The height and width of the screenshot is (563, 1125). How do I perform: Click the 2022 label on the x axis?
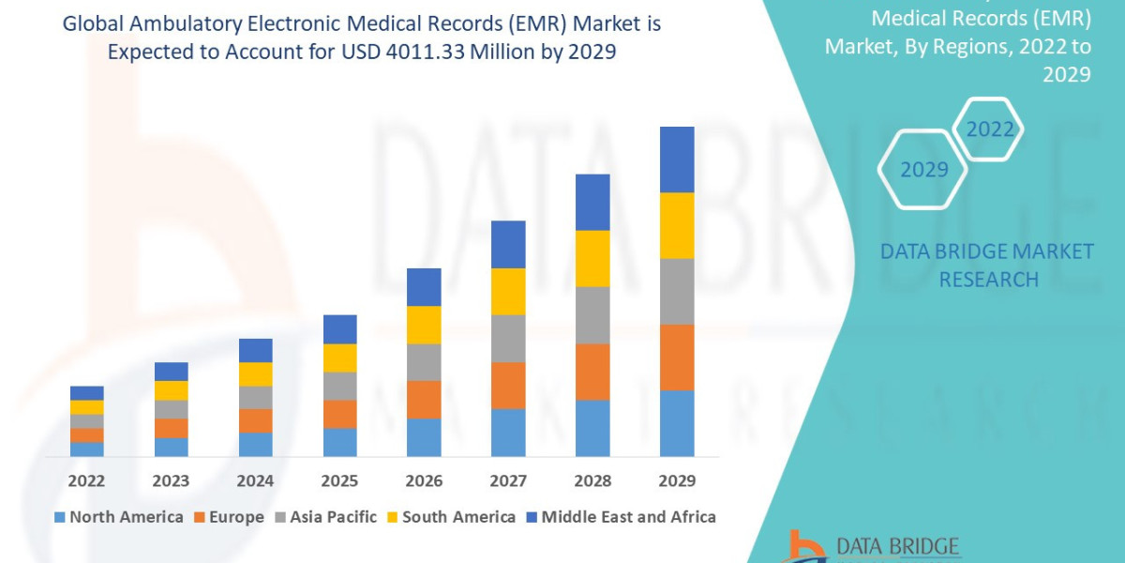[86, 481]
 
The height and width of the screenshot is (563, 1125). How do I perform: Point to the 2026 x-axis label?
[424, 481]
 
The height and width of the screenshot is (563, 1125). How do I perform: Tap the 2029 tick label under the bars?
[677, 481]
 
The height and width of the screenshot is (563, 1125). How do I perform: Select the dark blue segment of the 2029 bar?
[677, 160]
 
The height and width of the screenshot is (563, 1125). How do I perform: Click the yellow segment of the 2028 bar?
[592, 258]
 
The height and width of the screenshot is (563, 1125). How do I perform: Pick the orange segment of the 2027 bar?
[508, 385]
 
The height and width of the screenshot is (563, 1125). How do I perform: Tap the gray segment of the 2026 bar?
[424, 361]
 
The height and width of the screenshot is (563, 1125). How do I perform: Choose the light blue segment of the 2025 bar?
[339, 442]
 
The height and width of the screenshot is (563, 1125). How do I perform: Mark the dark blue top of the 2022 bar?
[86, 392]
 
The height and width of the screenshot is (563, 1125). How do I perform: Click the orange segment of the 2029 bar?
[677, 357]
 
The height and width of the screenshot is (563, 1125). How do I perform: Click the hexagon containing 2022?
[989, 129]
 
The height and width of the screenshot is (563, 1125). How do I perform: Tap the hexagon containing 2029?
[922, 170]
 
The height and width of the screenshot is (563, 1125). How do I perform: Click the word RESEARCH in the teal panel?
[988, 280]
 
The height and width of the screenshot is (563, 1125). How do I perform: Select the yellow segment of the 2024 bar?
[255, 373]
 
